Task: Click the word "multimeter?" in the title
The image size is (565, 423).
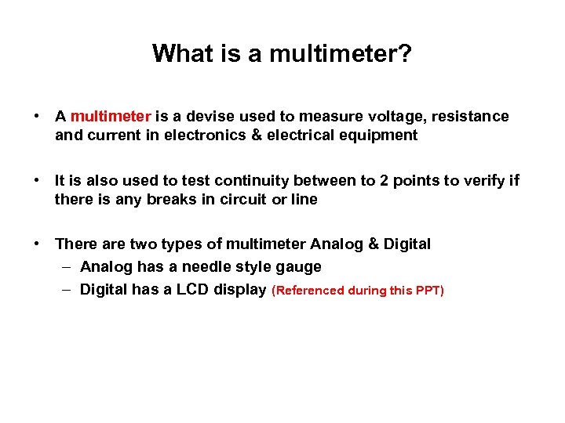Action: click(341, 53)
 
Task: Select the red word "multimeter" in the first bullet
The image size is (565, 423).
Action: click(110, 117)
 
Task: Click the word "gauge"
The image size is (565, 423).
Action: click(299, 267)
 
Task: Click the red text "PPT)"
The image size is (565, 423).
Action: click(428, 291)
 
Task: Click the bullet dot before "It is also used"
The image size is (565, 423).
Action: click(38, 181)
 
